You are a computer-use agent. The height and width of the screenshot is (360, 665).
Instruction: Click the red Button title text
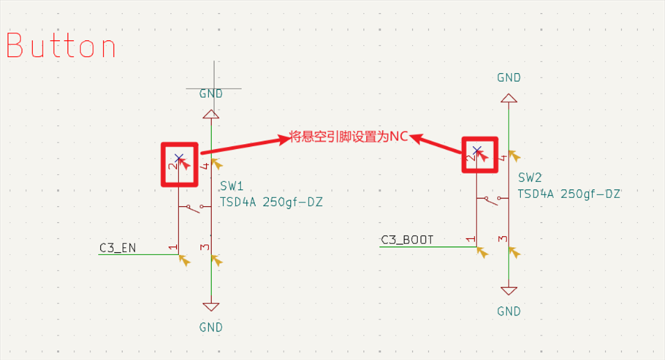(x=61, y=46)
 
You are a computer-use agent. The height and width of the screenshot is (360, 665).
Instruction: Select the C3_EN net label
(x=118, y=247)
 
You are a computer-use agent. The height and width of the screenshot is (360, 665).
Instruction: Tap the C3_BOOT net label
(x=407, y=240)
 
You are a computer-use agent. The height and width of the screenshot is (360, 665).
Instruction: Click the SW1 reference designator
(x=231, y=187)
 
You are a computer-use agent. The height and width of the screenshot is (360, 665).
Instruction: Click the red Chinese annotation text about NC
(x=349, y=137)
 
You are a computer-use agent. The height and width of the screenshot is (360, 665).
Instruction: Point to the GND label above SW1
(x=211, y=93)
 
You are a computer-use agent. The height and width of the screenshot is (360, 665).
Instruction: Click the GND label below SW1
(x=211, y=327)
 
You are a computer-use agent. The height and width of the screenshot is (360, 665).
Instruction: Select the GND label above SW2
(x=509, y=78)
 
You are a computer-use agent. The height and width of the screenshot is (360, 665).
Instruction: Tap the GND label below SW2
(x=509, y=311)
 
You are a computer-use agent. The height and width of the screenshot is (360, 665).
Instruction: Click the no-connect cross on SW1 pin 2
(x=179, y=157)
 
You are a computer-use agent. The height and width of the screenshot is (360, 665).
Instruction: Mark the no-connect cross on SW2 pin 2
(x=477, y=150)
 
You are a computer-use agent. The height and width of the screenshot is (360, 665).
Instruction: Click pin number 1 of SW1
(x=171, y=247)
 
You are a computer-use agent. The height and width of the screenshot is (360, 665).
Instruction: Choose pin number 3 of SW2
(x=503, y=240)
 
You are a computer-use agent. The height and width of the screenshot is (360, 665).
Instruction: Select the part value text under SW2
(x=570, y=194)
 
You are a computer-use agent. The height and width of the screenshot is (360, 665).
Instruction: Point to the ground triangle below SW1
(x=211, y=306)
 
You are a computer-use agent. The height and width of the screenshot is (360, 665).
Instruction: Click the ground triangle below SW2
(x=509, y=290)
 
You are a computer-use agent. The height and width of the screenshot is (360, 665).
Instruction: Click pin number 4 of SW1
(x=205, y=166)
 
